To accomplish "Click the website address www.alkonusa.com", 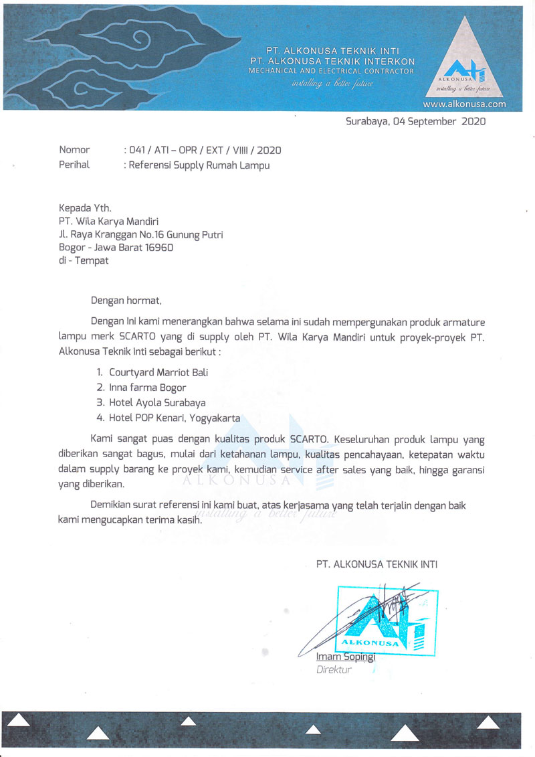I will [464, 105].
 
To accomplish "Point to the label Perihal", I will [74, 165].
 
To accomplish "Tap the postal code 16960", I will [160, 247].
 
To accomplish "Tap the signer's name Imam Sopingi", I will [346, 657].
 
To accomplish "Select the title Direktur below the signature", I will [334, 669].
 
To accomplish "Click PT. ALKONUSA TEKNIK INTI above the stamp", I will [377, 564].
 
